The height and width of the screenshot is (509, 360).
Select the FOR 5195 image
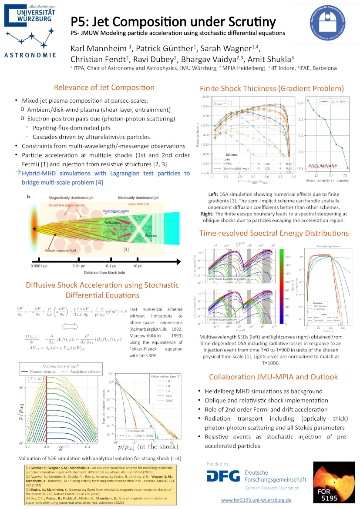click(333, 481)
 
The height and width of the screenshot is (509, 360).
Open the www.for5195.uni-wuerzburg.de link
click(256, 500)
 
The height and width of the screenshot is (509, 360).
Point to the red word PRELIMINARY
click(323, 166)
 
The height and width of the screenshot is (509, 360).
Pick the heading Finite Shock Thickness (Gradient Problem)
click(272, 88)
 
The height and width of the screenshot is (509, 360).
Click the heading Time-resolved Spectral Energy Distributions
click(274, 233)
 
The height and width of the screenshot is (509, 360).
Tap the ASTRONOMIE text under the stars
click(30, 55)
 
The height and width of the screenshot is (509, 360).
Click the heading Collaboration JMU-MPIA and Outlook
click(273, 377)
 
